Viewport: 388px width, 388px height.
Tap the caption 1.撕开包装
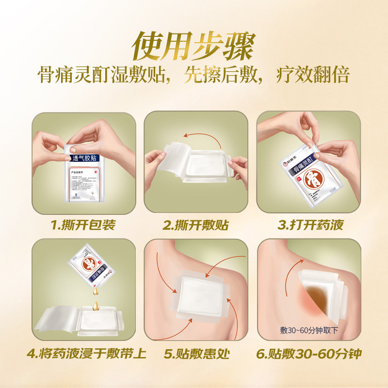point(83,225)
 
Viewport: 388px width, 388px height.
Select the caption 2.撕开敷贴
point(196,225)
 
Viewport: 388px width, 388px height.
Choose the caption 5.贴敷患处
point(196,354)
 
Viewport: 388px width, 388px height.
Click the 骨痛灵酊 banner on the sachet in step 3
point(298,169)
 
